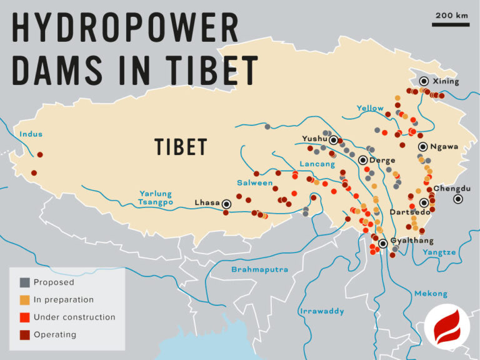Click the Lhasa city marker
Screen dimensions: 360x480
tap(226, 203)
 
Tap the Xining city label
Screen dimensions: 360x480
tap(445, 81)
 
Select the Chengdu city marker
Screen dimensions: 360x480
tap(458, 199)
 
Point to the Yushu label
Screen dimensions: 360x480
tap(315, 138)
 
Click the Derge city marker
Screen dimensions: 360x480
tap(362, 160)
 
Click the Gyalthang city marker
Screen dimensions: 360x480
tap(382, 244)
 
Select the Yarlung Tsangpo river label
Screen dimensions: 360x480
tap(155, 198)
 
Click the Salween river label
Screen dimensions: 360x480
tap(254, 183)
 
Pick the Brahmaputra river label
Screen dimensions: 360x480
tap(259, 269)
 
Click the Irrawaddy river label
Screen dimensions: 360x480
tap(322, 311)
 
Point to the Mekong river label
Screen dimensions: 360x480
tap(431, 293)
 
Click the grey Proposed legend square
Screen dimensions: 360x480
tap(24, 282)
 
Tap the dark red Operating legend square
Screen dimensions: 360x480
tap(24, 334)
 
